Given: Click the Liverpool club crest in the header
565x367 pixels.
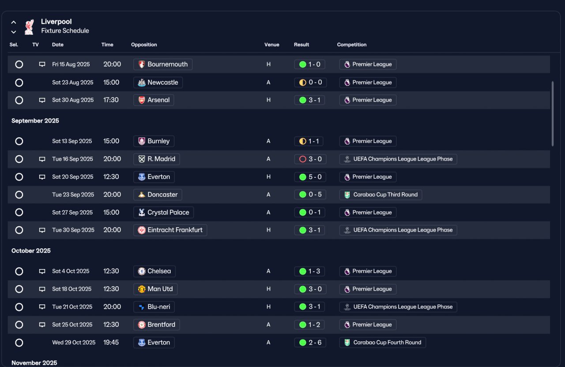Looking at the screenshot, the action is point(29,27).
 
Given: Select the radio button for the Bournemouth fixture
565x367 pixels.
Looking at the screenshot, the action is point(19,64).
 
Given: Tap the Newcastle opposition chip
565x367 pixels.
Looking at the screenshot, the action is point(158,82).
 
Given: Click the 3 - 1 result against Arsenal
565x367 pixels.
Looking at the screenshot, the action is point(309,100).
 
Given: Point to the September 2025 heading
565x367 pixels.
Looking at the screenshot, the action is point(35,121).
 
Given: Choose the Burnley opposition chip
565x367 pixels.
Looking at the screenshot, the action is point(154,141).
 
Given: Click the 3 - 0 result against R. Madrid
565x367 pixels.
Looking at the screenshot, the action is point(310,159).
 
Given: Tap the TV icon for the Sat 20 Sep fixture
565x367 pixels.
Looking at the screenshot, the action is point(42,177).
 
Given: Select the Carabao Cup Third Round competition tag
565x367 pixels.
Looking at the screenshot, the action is point(380,195).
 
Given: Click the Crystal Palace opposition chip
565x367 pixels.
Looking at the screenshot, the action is point(163,213).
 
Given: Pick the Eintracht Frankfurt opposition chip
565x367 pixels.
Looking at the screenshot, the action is point(170,230).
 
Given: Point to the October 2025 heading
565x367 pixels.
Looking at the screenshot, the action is point(31,251).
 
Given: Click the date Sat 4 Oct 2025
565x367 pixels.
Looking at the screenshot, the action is point(71,271).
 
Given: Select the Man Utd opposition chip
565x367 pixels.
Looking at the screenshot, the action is point(155,289).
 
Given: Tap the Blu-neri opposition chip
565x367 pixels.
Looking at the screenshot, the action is point(154,307).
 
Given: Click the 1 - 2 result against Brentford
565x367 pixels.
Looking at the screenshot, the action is point(309,325).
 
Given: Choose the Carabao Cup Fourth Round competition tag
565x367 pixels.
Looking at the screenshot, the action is point(382,343).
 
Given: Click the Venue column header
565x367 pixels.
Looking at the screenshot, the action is point(271,45).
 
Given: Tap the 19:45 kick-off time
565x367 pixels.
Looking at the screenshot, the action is point(111,343).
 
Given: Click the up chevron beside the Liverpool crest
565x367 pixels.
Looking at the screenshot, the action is point(14,22).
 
